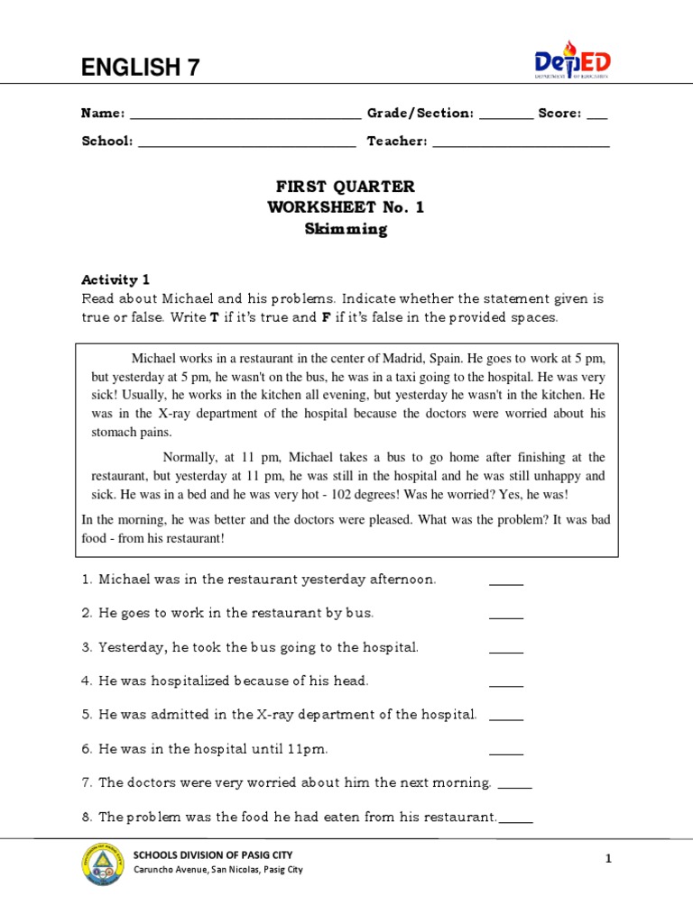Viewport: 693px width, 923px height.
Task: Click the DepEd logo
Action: click(x=572, y=61)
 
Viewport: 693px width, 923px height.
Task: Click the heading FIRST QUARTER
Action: click(x=346, y=187)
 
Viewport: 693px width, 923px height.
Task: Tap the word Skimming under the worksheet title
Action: click(x=346, y=229)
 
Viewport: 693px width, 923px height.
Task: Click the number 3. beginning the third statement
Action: click(x=88, y=647)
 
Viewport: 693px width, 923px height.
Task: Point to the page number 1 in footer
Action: click(x=608, y=860)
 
